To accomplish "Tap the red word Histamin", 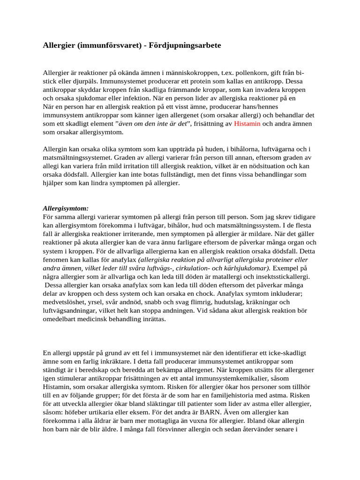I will click(247, 124).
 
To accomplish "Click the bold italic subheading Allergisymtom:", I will click(66, 208).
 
